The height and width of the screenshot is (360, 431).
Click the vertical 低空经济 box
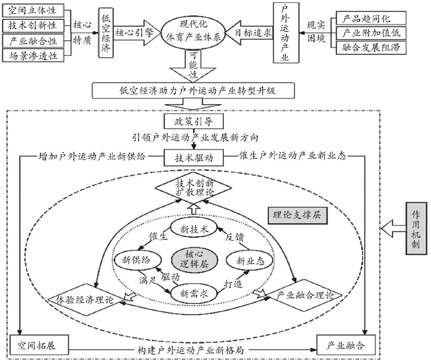106,33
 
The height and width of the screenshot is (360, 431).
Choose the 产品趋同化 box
369,18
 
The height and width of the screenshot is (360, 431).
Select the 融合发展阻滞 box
369,48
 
